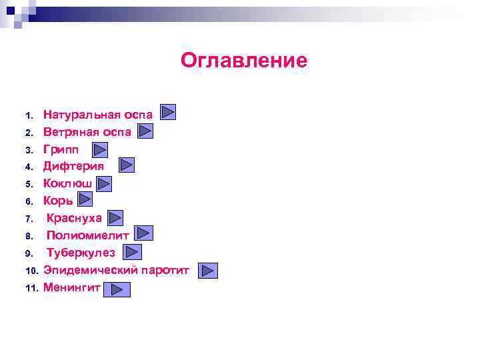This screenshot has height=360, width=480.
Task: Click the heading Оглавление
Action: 244,61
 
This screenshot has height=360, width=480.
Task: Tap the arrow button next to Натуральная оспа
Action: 168,111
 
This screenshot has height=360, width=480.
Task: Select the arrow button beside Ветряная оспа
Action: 146,131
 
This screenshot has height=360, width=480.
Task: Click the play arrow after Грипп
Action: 100,149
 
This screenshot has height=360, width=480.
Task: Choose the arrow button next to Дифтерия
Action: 127,165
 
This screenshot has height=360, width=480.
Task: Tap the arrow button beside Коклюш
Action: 104,183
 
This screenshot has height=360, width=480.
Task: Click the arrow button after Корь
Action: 85,199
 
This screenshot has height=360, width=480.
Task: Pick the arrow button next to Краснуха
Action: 115,218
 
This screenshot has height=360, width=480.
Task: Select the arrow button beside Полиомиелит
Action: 144,233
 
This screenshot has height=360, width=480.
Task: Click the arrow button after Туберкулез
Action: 133,252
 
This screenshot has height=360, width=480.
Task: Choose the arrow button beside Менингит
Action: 117,289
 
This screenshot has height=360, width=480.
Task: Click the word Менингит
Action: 71,288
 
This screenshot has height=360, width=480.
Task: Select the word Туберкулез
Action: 81,253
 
